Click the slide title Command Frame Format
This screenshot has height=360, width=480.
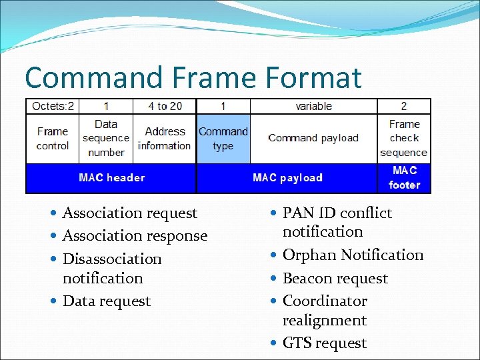[193, 77]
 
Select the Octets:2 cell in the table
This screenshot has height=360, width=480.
[53, 106]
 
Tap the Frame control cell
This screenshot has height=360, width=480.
[53, 139]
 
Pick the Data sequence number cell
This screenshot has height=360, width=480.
[106, 139]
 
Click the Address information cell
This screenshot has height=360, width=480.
[165, 139]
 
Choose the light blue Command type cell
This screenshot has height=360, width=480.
[223, 139]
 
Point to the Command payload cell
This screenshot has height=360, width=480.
[313, 139]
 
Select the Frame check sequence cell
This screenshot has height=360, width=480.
[404, 139]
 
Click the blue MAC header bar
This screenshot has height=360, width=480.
[111, 178]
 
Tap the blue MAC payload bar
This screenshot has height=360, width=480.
[287, 178]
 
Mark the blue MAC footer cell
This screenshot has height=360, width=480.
[404, 178]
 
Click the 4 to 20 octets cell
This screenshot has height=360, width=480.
[165, 106]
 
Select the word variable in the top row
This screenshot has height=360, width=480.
[313, 106]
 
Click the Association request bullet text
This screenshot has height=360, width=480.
[130, 213]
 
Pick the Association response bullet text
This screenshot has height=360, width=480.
[135, 236]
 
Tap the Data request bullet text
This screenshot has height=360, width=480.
[107, 301]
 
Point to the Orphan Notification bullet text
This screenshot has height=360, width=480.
[353, 255]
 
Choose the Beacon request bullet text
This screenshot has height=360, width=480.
[335, 279]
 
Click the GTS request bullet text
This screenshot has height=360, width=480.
[325, 343]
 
